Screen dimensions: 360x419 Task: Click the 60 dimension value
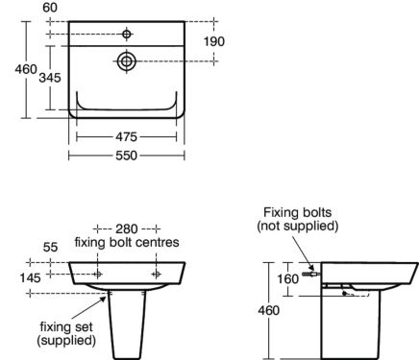pos(49,8)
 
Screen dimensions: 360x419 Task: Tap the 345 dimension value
pos(52,78)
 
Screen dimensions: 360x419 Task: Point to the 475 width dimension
pos(126,135)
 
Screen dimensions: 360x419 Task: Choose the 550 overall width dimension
pos(126,154)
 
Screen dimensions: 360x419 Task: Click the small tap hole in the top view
pos(127,34)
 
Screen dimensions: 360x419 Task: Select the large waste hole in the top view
pos(127,60)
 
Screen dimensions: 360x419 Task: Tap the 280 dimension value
pos(127,228)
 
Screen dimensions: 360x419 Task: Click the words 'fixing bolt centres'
pos(127,243)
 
